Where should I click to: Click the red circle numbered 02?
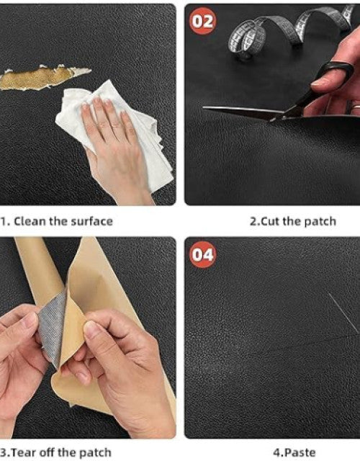tap(202, 21)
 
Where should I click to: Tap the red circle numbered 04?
tap(202, 254)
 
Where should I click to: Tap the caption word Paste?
tap(300, 452)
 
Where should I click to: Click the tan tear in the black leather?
tap(44, 78)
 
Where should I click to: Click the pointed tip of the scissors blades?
tap(204, 108)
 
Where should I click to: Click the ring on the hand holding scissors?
tap(356, 105)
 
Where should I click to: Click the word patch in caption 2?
tap(320, 221)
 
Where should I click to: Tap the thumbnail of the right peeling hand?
tap(92, 329)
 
